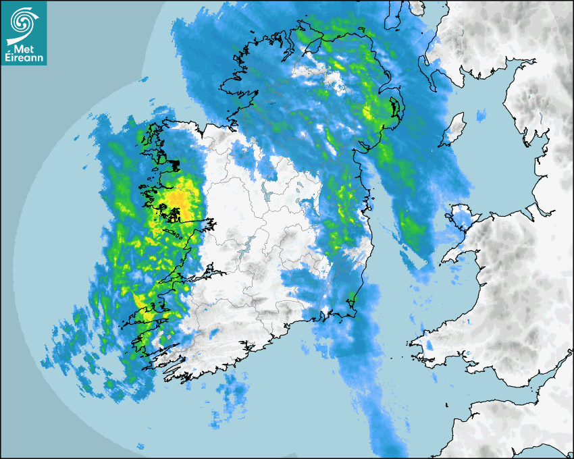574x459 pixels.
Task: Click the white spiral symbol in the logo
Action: point(20,21)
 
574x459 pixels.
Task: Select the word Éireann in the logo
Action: point(24,57)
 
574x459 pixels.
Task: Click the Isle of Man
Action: point(454,128)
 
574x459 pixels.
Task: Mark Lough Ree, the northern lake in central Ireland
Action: point(271,195)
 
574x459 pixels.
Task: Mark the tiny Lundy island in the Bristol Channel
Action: point(447,404)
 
